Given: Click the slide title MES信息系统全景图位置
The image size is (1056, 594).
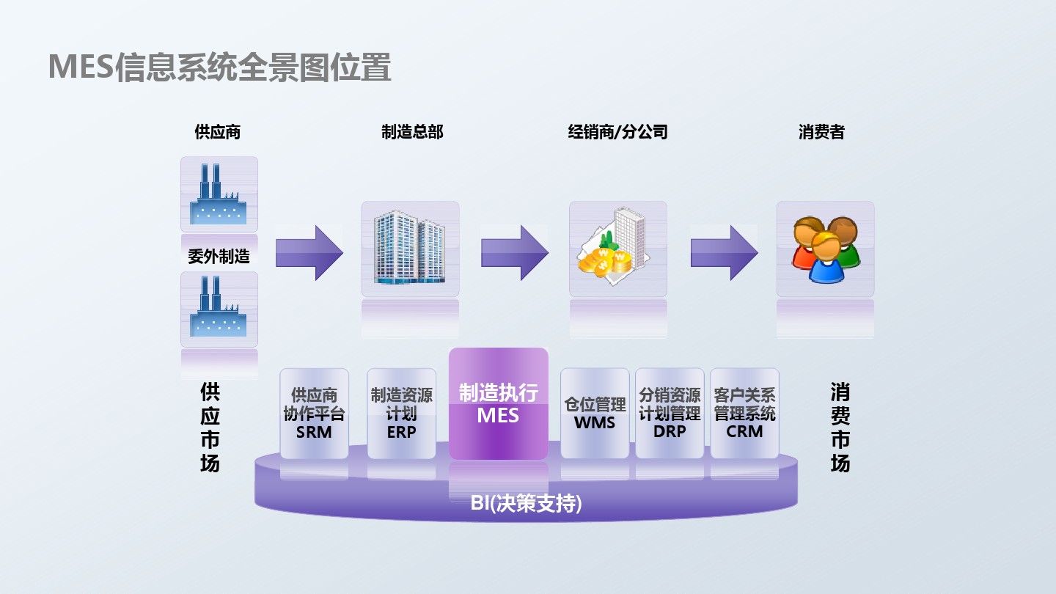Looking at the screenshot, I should [219, 67].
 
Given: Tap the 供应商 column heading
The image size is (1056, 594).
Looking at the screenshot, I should [218, 133].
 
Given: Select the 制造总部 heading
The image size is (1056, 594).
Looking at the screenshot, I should [412, 133].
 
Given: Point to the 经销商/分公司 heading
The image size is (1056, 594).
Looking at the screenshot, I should [618, 133].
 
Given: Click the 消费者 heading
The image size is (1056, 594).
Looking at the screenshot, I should [821, 133].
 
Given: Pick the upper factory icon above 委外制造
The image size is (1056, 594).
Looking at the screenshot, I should [219, 194].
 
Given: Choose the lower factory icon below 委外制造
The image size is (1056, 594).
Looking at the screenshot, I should [219, 309].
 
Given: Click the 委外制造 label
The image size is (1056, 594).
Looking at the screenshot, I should [219, 257].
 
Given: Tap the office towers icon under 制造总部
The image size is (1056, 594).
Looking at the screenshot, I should [411, 249].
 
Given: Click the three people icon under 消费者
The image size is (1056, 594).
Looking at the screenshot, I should [826, 249].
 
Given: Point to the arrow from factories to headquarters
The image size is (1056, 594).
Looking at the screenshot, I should [309, 253].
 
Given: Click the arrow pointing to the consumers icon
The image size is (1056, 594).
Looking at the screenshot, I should [725, 253].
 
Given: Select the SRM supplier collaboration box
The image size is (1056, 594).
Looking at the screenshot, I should [315, 414].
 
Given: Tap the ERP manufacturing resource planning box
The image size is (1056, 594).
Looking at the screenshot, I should [402, 414].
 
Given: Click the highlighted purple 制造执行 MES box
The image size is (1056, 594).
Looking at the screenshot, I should [499, 403].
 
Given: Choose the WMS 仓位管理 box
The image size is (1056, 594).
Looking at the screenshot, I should [595, 414].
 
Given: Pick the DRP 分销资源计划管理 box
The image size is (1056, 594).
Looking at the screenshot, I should [670, 414].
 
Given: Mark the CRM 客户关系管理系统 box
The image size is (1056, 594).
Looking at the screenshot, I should [745, 414].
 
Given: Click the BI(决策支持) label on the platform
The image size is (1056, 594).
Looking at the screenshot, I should [527, 504].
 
